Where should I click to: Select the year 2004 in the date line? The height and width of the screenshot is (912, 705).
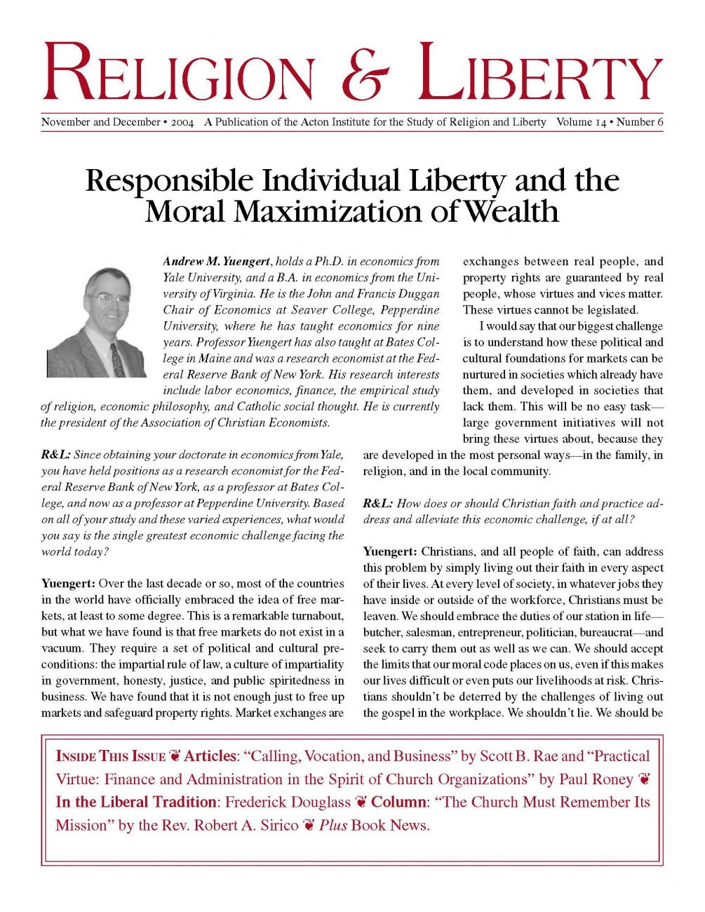(x=182, y=122)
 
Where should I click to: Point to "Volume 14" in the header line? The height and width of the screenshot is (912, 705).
(x=582, y=122)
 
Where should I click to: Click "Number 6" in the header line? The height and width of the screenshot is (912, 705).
(x=640, y=122)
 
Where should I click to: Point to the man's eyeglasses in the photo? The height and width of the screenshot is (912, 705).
(x=111, y=300)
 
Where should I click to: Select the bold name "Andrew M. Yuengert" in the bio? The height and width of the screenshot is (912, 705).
(x=217, y=262)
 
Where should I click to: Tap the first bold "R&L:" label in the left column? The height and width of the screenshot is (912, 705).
(x=55, y=455)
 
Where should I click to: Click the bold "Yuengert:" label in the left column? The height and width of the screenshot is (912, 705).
(x=68, y=584)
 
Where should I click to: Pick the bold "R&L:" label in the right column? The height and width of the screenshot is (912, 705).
(x=377, y=504)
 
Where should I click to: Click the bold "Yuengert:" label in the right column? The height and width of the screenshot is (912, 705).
(x=390, y=552)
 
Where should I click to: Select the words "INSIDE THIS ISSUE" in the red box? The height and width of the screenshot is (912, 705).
(x=110, y=757)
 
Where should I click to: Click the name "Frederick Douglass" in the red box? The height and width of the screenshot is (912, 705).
(x=288, y=803)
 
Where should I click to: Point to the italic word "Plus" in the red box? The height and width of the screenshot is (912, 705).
(x=333, y=826)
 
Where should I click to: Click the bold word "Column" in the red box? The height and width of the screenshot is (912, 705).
(x=399, y=803)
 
